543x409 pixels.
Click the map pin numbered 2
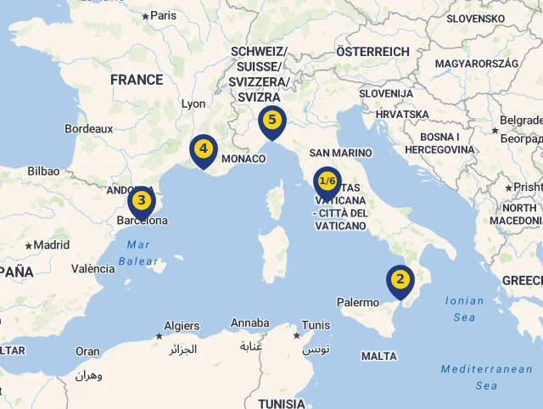click(400, 280)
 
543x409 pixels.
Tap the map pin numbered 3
click(141, 201)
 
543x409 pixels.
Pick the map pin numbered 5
click(271, 120)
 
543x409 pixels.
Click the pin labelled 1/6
click(327, 182)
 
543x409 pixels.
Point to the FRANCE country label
click(137, 80)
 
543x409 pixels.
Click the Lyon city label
click(193, 104)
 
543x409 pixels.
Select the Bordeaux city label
click(88, 129)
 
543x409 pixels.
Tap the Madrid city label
click(52, 245)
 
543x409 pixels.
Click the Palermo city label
click(358, 302)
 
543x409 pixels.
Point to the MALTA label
click(378, 356)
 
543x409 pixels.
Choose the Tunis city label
click(316, 325)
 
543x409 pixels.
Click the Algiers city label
click(181, 326)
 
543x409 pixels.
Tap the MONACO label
click(244, 159)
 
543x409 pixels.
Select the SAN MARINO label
click(340, 153)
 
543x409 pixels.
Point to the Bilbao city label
click(43, 171)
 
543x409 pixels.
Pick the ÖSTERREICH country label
click(372, 52)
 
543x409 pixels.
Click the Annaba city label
click(250, 323)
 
